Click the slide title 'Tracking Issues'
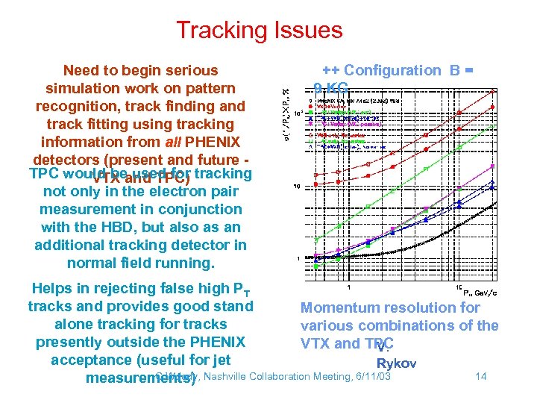259,31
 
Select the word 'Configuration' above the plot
392,70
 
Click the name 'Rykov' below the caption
396,363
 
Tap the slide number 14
480,376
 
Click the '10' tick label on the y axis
296,186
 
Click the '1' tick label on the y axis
298,259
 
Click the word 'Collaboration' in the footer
285,376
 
